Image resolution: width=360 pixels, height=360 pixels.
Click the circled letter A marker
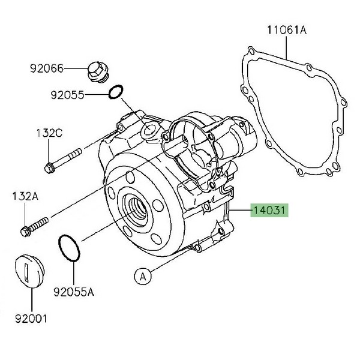(x=142, y=276)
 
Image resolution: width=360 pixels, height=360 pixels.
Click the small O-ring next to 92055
(x=116, y=93)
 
